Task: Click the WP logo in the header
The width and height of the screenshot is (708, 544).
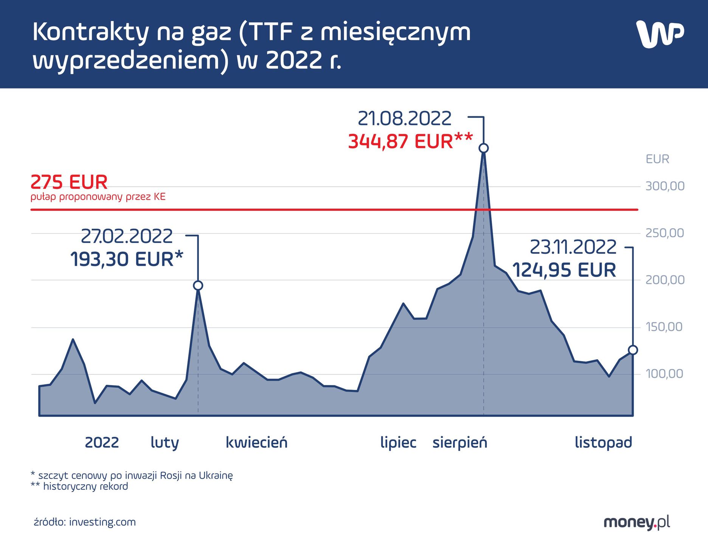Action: click(660, 34)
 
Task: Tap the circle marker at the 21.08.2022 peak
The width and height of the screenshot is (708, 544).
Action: click(483, 148)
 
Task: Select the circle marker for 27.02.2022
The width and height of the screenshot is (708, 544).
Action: click(198, 286)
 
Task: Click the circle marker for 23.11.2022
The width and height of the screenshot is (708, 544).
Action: click(633, 350)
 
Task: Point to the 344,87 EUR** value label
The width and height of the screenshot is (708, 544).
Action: click(410, 142)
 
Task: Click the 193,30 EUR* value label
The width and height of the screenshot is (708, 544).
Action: click(127, 260)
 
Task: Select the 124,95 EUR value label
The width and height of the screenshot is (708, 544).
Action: click(564, 270)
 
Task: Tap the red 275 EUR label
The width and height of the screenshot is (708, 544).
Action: click(69, 182)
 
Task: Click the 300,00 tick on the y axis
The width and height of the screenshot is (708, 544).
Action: click(665, 186)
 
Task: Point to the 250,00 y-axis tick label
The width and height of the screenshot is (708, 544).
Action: click(665, 233)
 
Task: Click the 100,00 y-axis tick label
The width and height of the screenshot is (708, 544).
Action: click(665, 374)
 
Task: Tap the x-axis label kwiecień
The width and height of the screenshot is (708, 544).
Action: click(256, 442)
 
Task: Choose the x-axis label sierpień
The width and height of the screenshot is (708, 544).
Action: click(460, 442)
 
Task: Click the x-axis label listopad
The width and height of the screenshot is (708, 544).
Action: click(603, 442)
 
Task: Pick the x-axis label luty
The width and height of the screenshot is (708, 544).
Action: click(165, 442)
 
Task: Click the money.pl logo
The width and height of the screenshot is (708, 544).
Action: click(637, 522)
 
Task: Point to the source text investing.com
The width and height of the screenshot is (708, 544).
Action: click(102, 522)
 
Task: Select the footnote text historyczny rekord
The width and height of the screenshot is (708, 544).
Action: click(85, 486)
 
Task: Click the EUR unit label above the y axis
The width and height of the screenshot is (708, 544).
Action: click(657, 159)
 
